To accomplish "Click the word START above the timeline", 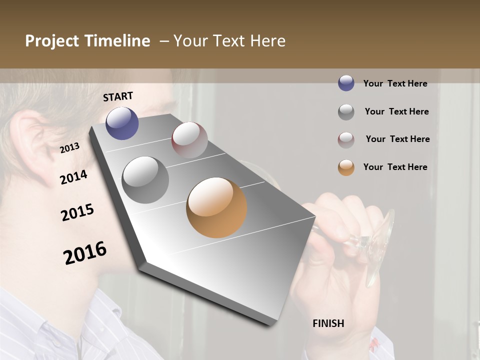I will (118, 96).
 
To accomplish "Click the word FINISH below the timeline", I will (328, 323).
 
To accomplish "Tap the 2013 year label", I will (69, 147).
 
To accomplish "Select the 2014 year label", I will (73, 177).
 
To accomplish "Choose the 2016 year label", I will (85, 253).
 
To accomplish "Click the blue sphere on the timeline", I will (122, 123).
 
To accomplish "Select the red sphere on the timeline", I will (189, 140).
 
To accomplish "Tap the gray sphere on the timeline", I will (145, 180).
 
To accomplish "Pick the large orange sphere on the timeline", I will (216, 207).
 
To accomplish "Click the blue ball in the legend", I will (346, 83).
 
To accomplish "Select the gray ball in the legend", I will (346, 112).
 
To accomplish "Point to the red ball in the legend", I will (346, 140).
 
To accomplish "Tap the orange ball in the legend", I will (346, 167).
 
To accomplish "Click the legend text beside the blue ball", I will (395, 83).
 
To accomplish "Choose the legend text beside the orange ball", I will (395, 167).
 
